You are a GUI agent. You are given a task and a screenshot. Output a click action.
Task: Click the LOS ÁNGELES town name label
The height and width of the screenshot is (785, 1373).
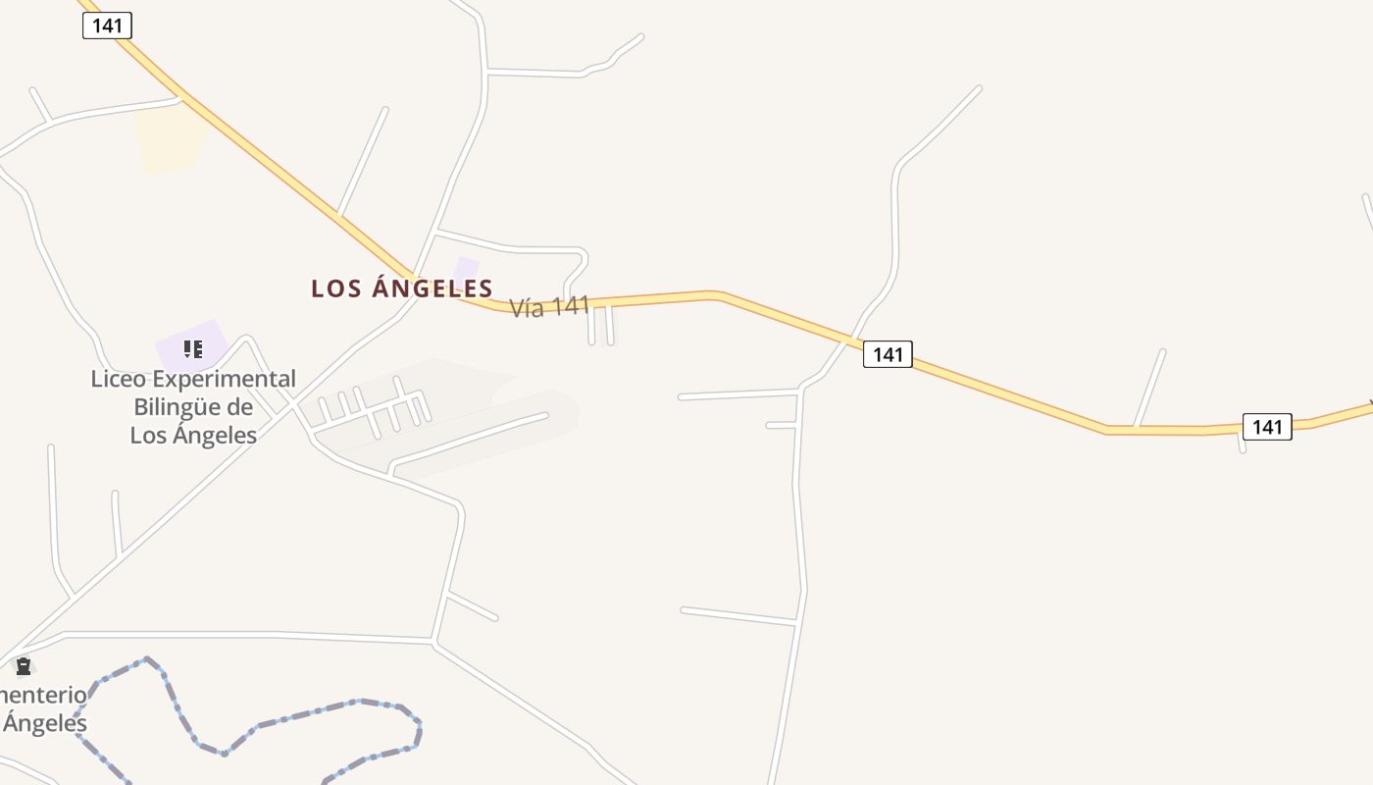click(x=401, y=288)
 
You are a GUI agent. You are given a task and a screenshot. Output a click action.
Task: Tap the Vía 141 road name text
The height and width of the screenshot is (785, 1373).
click(x=549, y=307)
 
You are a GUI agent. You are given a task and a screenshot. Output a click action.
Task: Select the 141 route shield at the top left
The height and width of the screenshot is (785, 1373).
click(x=107, y=26)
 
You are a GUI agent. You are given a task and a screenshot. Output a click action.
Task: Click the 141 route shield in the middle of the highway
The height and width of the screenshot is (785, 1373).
click(x=888, y=354)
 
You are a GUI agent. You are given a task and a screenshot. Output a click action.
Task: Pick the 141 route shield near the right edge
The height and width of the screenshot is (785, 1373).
click(x=1267, y=427)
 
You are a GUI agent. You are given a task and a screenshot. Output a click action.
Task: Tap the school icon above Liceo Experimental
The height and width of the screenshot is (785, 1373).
click(x=193, y=348)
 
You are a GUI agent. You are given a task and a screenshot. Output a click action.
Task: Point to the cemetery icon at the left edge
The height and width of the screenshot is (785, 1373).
click(x=24, y=666)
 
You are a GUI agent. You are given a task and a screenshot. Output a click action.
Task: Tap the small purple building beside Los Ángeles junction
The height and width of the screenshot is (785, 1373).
click(x=465, y=269)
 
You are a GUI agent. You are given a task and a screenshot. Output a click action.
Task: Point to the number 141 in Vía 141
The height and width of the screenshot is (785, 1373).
click(x=570, y=306)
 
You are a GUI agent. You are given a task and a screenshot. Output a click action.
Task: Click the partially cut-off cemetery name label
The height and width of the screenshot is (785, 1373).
click(x=43, y=709)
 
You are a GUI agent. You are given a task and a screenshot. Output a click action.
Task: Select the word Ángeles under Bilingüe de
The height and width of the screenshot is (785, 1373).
click(x=215, y=435)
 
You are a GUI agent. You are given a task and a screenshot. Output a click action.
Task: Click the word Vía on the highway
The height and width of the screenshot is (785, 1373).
click(x=527, y=309)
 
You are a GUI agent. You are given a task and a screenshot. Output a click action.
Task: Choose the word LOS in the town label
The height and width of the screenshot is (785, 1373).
click(x=332, y=288)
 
